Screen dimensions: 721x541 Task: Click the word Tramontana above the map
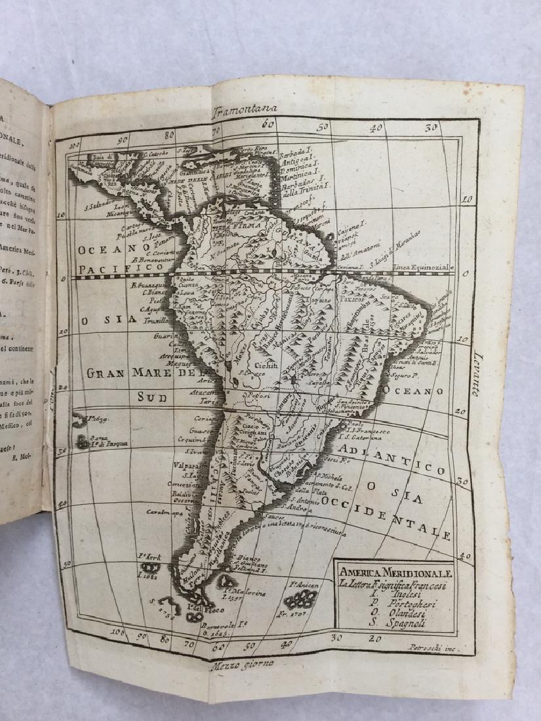point(247,109)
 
